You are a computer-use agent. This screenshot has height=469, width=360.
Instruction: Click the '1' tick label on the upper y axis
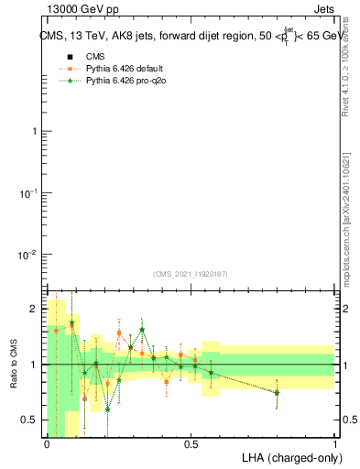35,132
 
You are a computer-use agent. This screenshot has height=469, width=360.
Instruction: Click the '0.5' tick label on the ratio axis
29,420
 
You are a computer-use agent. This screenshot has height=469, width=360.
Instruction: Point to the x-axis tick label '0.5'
191,443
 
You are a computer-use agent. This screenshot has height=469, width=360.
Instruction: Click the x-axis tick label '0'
47,443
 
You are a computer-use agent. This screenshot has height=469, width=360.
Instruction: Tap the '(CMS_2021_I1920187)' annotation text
191,274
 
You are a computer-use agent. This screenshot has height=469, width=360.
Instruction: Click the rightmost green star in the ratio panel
277,392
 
